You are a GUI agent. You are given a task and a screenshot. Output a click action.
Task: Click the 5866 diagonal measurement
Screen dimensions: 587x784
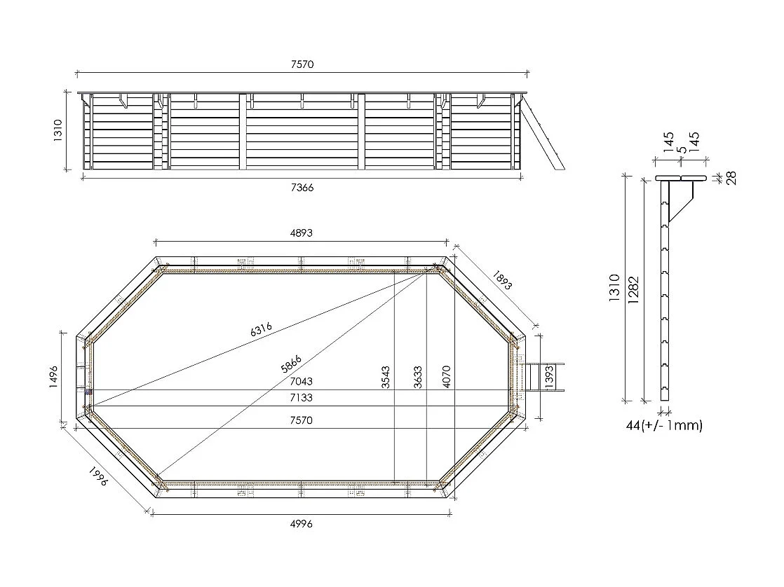pyautogui.click(x=290, y=364)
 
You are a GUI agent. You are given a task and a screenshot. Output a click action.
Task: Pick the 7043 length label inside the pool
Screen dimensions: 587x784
pyautogui.click(x=301, y=382)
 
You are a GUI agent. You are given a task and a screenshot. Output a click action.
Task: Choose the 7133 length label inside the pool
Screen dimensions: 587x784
pyautogui.click(x=301, y=398)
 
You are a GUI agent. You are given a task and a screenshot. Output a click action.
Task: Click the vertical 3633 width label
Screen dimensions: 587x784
pyautogui.click(x=418, y=378)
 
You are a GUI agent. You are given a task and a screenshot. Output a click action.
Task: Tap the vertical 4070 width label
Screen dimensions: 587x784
pyautogui.click(x=445, y=378)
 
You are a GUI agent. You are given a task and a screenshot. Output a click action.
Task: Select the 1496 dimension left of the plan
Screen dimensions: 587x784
pyautogui.click(x=54, y=378)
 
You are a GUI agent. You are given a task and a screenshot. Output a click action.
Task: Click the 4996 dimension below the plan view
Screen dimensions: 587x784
pyautogui.click(x=301, y=524)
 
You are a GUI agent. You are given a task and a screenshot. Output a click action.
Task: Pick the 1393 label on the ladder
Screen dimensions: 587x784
pyautogui.click(x=549, y=377)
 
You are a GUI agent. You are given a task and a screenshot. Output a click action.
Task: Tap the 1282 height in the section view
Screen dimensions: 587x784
pyautogui.click(x=634, y=289)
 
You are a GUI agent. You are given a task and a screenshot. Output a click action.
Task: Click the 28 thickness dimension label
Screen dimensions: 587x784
pyautogui.click(x=731, y=178)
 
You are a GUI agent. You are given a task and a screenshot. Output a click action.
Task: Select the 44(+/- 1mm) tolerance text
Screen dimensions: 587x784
pyautogui.click(x=663, y=425)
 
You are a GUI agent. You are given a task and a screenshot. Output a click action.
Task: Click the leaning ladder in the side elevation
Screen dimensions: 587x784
pyautogui.click(x=543, y=133)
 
